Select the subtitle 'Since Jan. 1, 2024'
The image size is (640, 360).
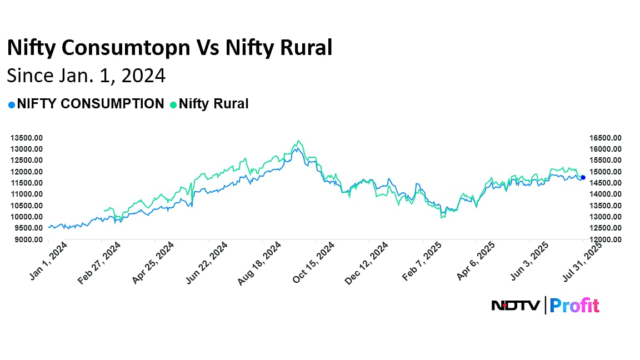(86, 75)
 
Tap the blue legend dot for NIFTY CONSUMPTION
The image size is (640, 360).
(11, 104)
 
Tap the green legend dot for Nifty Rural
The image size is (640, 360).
(173, 104)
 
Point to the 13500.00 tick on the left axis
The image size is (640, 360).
(27, 138)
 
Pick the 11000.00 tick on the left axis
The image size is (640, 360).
(27, 194)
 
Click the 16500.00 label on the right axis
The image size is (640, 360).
(606, 138)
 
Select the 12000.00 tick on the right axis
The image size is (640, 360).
(606, 239)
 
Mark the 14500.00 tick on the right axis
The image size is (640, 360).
(606, 183)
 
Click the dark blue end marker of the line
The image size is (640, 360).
(583, 177)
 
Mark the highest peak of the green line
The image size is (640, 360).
(299, 141)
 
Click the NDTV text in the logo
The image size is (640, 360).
(515, 306)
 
